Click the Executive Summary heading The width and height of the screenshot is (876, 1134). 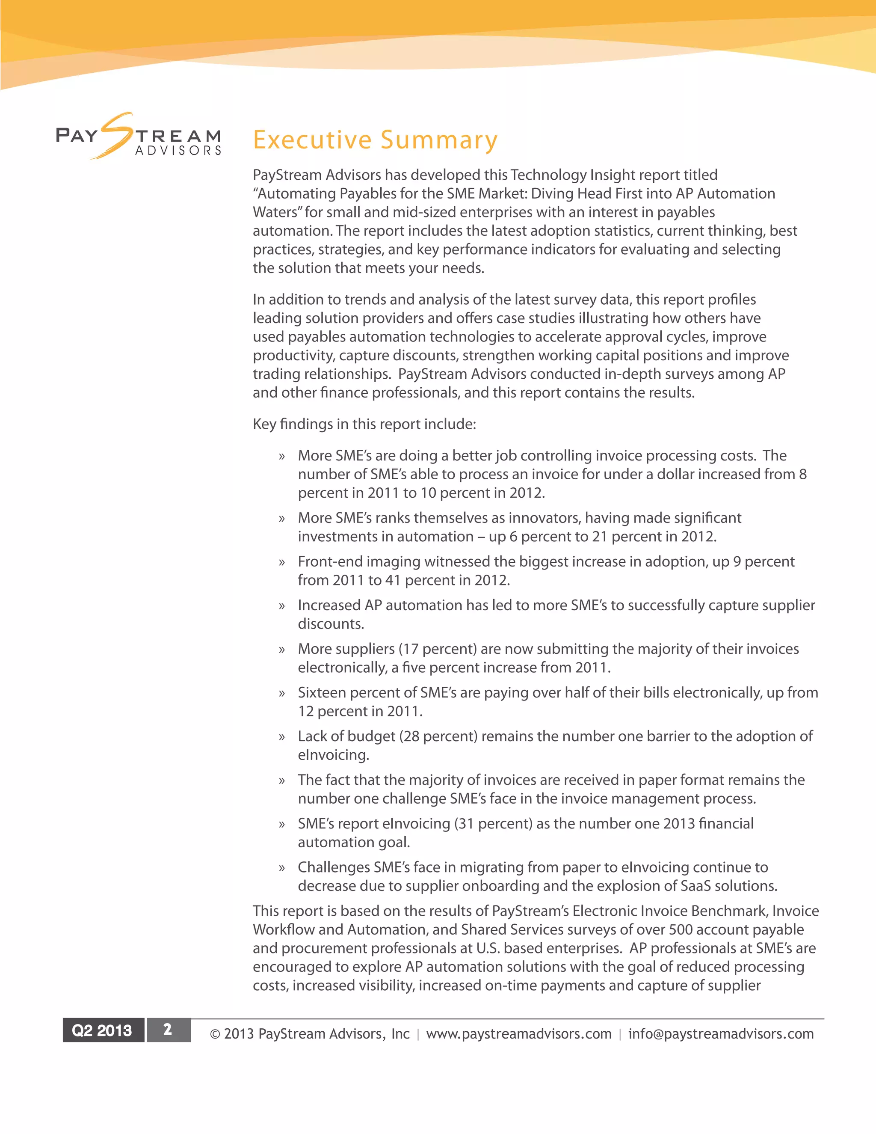pyautogui.click(x=375, y=140)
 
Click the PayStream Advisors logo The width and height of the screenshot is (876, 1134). pyautogui.click(x=139, y=137)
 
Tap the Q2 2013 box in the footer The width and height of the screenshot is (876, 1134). pyautogui.click(x=102, y=1030)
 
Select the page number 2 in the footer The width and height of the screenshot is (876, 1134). pyautogui.click(x=168, y=1030)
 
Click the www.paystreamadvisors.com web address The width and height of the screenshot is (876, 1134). pyautogui.click(x=518, y=1034)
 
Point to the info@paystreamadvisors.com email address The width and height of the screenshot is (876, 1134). pyautogui.click(x=720, y=1034)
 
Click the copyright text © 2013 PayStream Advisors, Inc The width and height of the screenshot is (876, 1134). pyautogui.click(x=309, y=1034)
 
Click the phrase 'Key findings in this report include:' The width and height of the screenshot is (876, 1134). pyautogui.click(x=364, y=424)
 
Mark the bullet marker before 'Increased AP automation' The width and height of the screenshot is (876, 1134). pyautogui.click(x=282, y=606)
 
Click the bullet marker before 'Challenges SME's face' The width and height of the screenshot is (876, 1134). pyautogui.click(x=282, y=868)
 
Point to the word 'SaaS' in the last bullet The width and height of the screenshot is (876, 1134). pyautogui.click(x=695, y=886)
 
